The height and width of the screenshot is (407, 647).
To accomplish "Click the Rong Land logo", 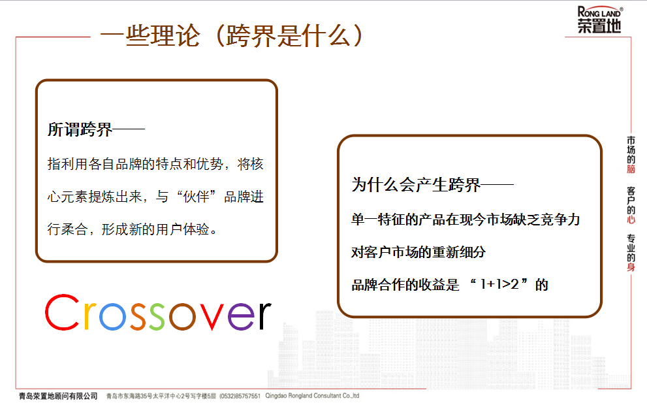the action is [x=599, y=20].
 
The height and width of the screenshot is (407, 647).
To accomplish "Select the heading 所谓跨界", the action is [x=80, y=129].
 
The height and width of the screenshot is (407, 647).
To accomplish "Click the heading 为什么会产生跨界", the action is [x=416, y=184].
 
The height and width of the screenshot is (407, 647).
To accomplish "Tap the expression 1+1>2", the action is [x=499, y=284].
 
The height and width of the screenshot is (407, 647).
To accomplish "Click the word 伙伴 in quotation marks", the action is [x=197, y=197].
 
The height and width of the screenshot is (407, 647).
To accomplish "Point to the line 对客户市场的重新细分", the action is [x=418, y=252].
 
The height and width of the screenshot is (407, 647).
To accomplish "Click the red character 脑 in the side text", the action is [x=631, y=169].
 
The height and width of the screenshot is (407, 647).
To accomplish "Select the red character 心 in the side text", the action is [x=631, y=220].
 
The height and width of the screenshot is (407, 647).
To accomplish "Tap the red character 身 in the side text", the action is [x=631, y=267].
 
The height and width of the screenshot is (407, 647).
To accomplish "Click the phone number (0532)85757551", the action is [x=240, y=396].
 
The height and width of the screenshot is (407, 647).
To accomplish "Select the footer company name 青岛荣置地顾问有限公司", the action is [x=58, y=396].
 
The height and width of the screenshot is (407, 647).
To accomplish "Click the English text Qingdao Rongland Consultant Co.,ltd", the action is [x=312, y=395].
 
